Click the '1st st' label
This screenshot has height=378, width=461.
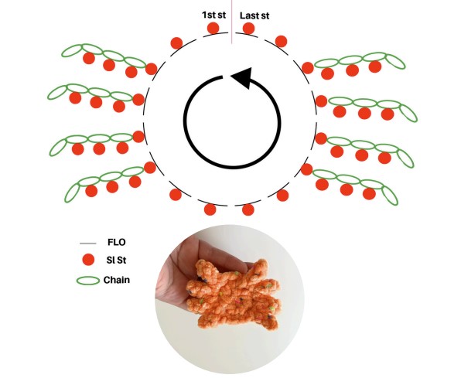pyautogui.click(x=213, y=15)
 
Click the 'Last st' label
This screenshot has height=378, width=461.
pyautogui.click(x=254, y=15)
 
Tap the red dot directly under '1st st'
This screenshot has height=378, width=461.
pyautogui.click(x=213, y=29)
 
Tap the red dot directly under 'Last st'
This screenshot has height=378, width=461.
pyautogui.click(x=249, y=29)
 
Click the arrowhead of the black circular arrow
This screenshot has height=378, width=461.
pyautogui.click(x=243, y=77)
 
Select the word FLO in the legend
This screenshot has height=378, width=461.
pyautogui.click(x=117, y=242)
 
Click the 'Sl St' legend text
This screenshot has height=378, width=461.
pyautogui.click(x=117, y=261)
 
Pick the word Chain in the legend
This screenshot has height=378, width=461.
pyautogui.click(x=117, y=280)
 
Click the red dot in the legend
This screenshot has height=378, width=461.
pyautogui.click(x=88, y=261)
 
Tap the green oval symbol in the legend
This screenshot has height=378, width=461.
pyautogui.click(x=88, y=281)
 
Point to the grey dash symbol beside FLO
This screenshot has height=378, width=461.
pyautogui.click(x=88, y=243)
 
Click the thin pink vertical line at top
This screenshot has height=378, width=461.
pyautogui.click(x=232, y=22)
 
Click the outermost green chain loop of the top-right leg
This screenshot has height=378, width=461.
pyautogui.click(x=395, y=62)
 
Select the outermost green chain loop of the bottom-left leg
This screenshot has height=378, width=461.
pyautogui.click(x=72, y=192)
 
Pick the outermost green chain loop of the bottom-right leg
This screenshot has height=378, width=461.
pyautogui.click(x=390, y=196)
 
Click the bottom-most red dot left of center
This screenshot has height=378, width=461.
pyautogui.click(x=210, y=209)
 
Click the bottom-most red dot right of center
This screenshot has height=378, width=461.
pyautogui.click(x=248, y=209)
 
